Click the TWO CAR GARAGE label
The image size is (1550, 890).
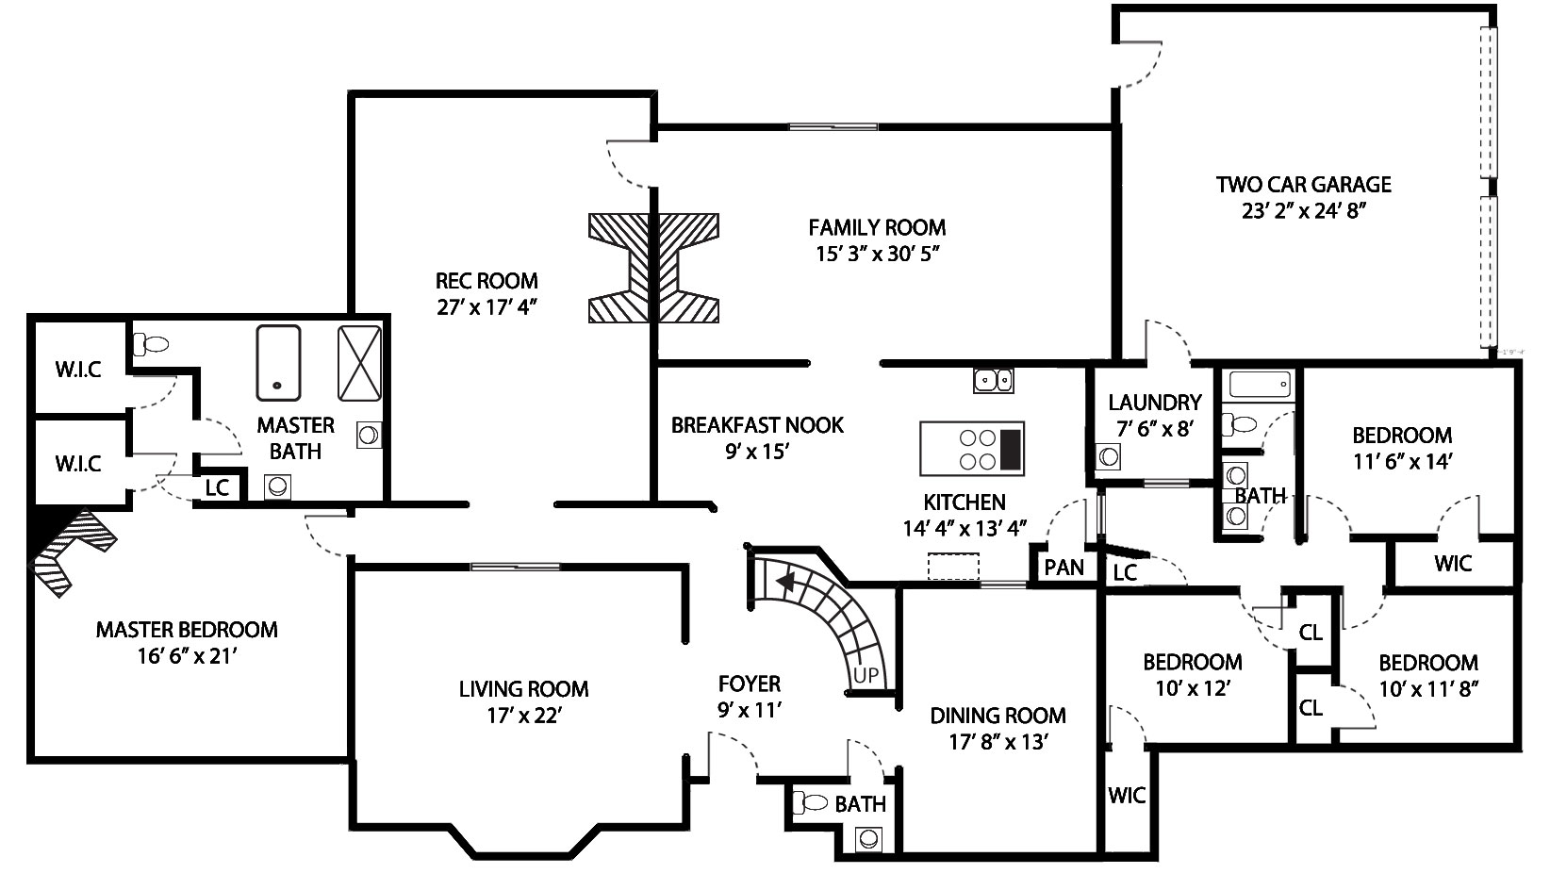(1304, 184)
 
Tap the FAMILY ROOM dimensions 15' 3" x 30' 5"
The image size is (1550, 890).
(877, 254)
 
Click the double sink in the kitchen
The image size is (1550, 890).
(993, 381)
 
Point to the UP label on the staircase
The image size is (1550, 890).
(866, 675)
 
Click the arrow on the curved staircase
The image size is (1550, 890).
(786, 582)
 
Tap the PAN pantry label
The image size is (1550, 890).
(1064, 568)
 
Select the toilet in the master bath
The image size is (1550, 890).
(151, 343)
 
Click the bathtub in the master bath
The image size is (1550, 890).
(278, 363)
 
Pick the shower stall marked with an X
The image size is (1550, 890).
(359, 363)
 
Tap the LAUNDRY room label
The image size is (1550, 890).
(1155, 402)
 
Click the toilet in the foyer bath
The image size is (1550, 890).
(810, 803)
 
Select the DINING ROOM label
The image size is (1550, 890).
(998, 716)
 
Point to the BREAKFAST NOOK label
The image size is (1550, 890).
(757, 425)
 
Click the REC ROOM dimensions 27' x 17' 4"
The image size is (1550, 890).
(486, 306)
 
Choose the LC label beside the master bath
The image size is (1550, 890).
(217, 487)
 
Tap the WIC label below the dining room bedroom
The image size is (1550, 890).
(1127, 796)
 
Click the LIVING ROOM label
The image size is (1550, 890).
(524, 689)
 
